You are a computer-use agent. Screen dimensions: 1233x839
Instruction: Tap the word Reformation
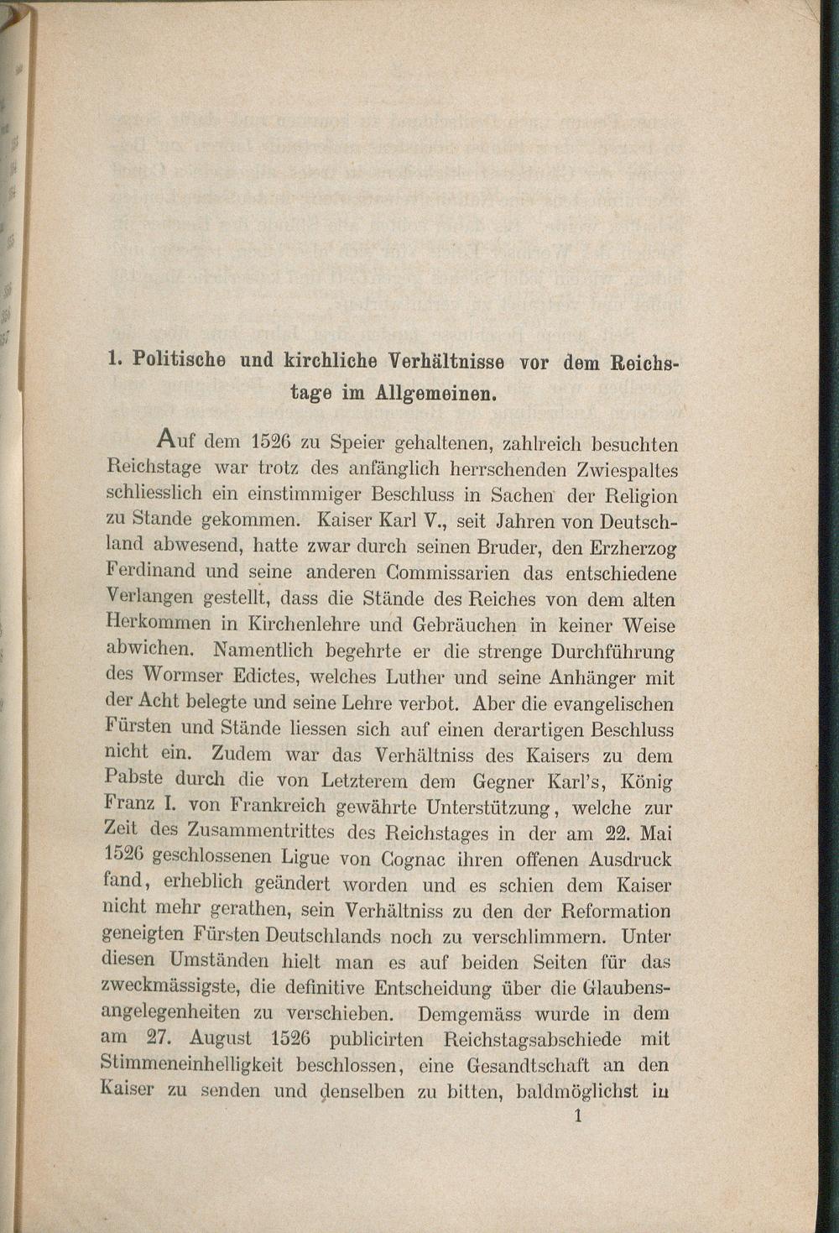616,911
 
